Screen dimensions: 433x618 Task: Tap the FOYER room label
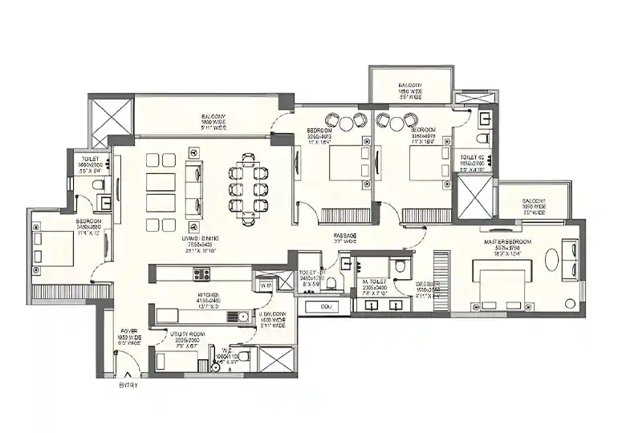click(129, 330)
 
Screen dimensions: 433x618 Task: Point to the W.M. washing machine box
click(266, 285)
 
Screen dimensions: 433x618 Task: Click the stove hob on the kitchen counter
click(201, 274)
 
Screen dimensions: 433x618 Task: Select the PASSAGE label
click(345, 235)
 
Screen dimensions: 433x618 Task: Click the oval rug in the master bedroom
click(553, 261)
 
